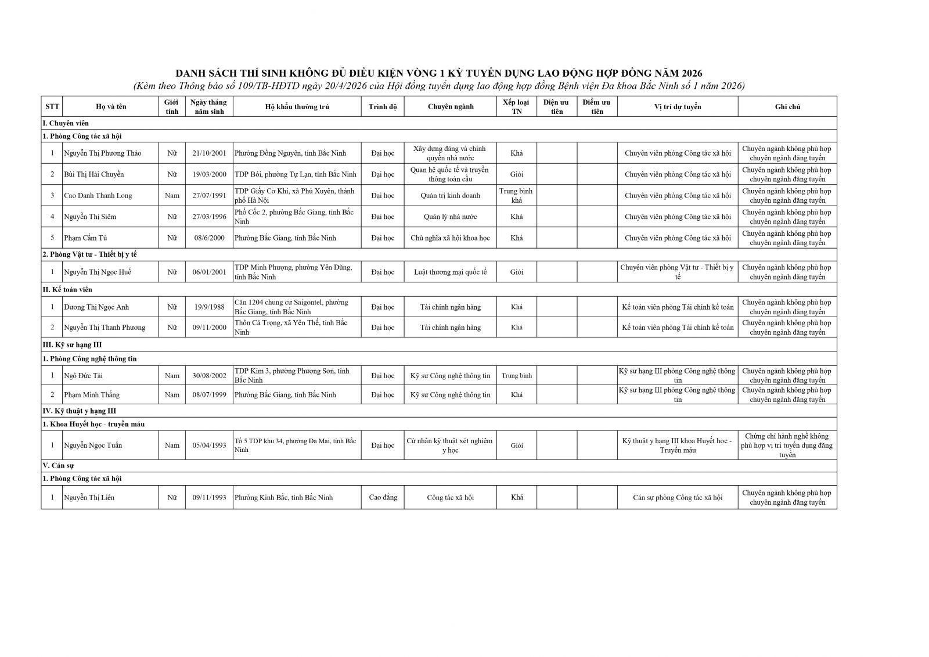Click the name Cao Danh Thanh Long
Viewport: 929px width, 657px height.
point(98,196)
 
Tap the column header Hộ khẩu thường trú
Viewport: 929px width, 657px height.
point(297,107)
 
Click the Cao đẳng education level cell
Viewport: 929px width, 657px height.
point(383,497)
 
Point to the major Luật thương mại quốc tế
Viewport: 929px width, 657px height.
point(450,272)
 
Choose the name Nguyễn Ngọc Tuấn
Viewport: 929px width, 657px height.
point(93,446)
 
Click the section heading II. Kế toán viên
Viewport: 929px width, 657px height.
point(67,289)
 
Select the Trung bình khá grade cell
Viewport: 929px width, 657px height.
point(516,196)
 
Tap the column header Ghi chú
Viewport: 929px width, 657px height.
point(787,107)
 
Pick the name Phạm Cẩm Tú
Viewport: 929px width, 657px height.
point(85,238)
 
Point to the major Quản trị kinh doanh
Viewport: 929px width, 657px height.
point(450,196)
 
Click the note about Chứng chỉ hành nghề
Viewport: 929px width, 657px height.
point(787,446)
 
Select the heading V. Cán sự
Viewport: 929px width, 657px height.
point(58,465)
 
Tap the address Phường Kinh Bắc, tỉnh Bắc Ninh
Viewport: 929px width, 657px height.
point(284,498)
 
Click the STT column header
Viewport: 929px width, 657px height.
point(52,107)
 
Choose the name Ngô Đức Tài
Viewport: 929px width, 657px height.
point(83,376)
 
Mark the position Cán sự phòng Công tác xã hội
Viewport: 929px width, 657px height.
point(678,498)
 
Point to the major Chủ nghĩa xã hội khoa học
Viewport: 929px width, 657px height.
point(450,238)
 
